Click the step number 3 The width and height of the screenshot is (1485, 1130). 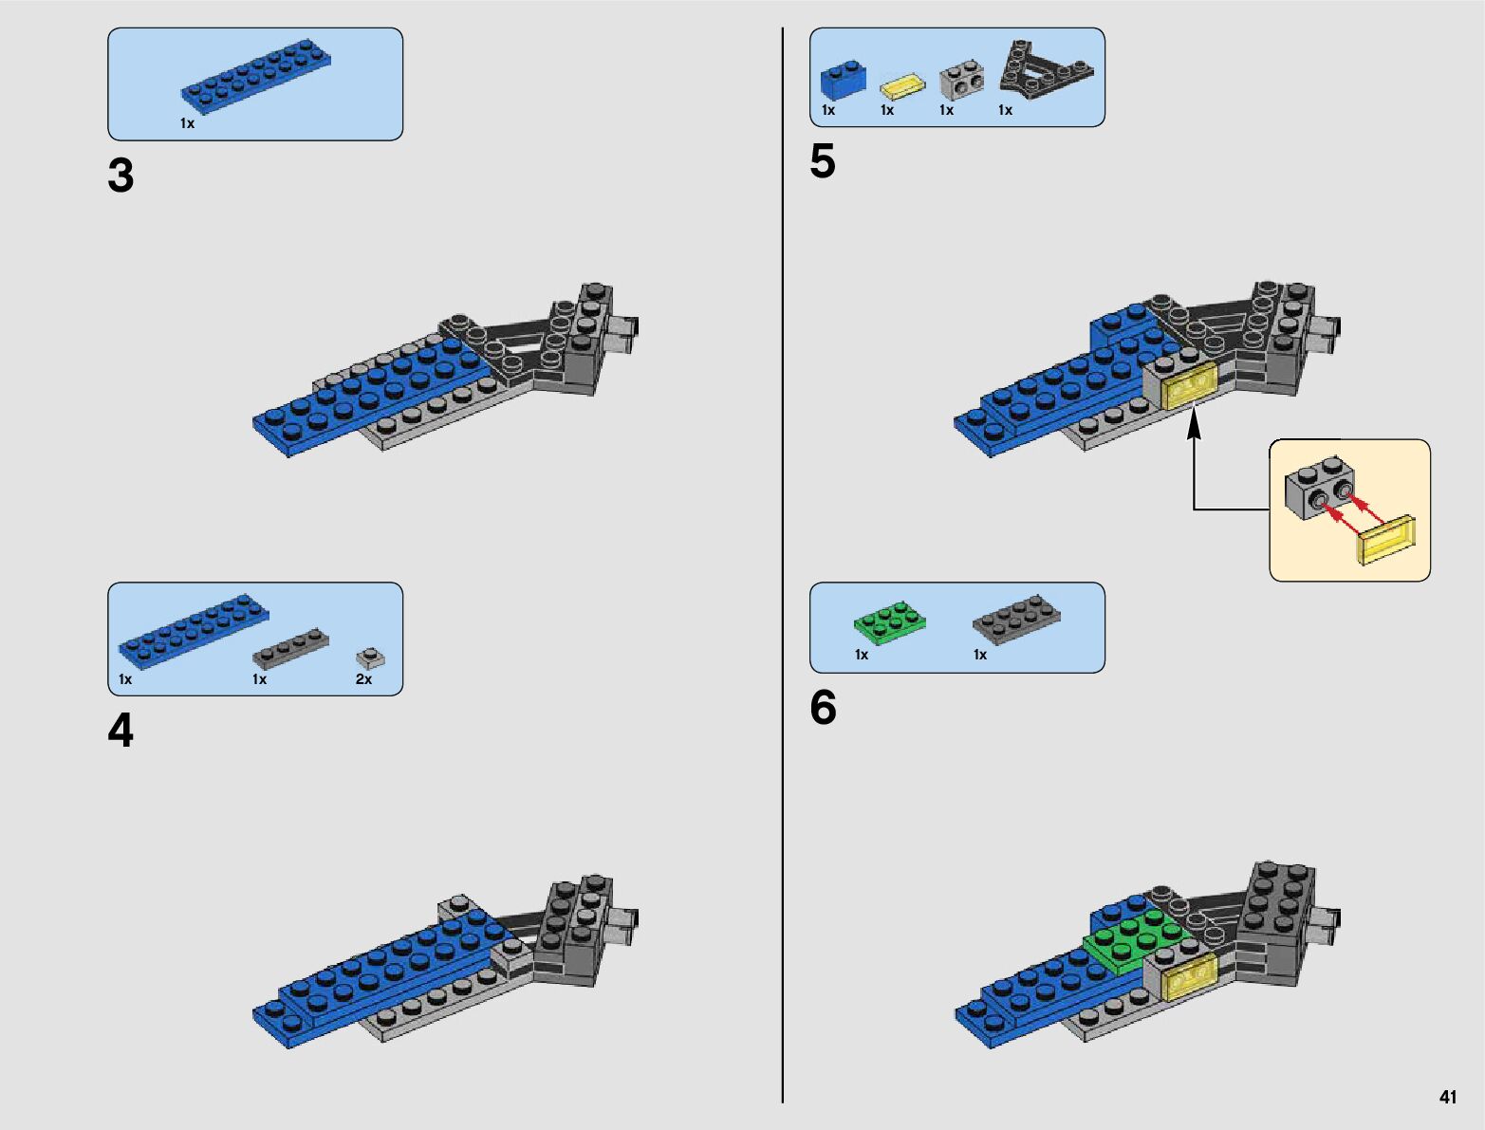click(121, 176)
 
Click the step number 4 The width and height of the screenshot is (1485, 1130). click(121, 732)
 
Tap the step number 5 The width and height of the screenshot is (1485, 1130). click(823, 161)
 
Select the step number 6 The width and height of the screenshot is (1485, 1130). click(823, 708)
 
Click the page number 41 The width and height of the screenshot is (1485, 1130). click(1447, 1097)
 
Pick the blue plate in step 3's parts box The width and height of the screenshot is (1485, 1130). click(256, 72)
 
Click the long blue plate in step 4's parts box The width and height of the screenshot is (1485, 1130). click(194, 627)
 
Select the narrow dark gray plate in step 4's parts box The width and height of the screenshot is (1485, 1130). click(290, 647)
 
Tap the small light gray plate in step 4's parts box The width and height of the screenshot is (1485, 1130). click(369, 657)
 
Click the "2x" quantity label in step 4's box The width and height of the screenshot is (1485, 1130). click(363, 679)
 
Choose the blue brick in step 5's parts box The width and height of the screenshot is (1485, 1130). click(843, 80)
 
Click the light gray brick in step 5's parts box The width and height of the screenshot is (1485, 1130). click(961, 82)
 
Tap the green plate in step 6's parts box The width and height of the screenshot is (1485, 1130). click(889, 622)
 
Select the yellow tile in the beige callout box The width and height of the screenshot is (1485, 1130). click(1386, 540)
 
